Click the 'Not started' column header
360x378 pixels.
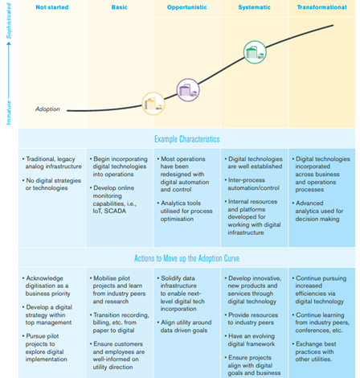(52, 7)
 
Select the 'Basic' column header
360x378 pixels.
(119, 7)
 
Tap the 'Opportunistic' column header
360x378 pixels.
(186, 7)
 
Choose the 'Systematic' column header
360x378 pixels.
(254, 7)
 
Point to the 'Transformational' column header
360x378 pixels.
(321, 7)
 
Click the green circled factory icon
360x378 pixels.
(255, 52)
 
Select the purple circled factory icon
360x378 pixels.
(188, 90)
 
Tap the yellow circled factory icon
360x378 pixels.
(153, 104)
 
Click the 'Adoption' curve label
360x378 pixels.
(47, 109)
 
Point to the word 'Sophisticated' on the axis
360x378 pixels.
(9, 21)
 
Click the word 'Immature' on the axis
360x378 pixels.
(9, 113)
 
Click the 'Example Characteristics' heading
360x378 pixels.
(187, 139)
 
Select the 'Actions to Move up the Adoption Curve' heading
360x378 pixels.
(186, 258)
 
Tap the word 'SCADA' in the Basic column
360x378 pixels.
(115, 211)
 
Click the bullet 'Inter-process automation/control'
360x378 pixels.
(252, 184)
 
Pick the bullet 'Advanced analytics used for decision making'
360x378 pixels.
(317, 211)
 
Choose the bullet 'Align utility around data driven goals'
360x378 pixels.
(185, 327)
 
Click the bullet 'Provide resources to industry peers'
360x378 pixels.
(252, 318)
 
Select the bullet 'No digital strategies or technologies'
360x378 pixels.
(51, 184)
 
